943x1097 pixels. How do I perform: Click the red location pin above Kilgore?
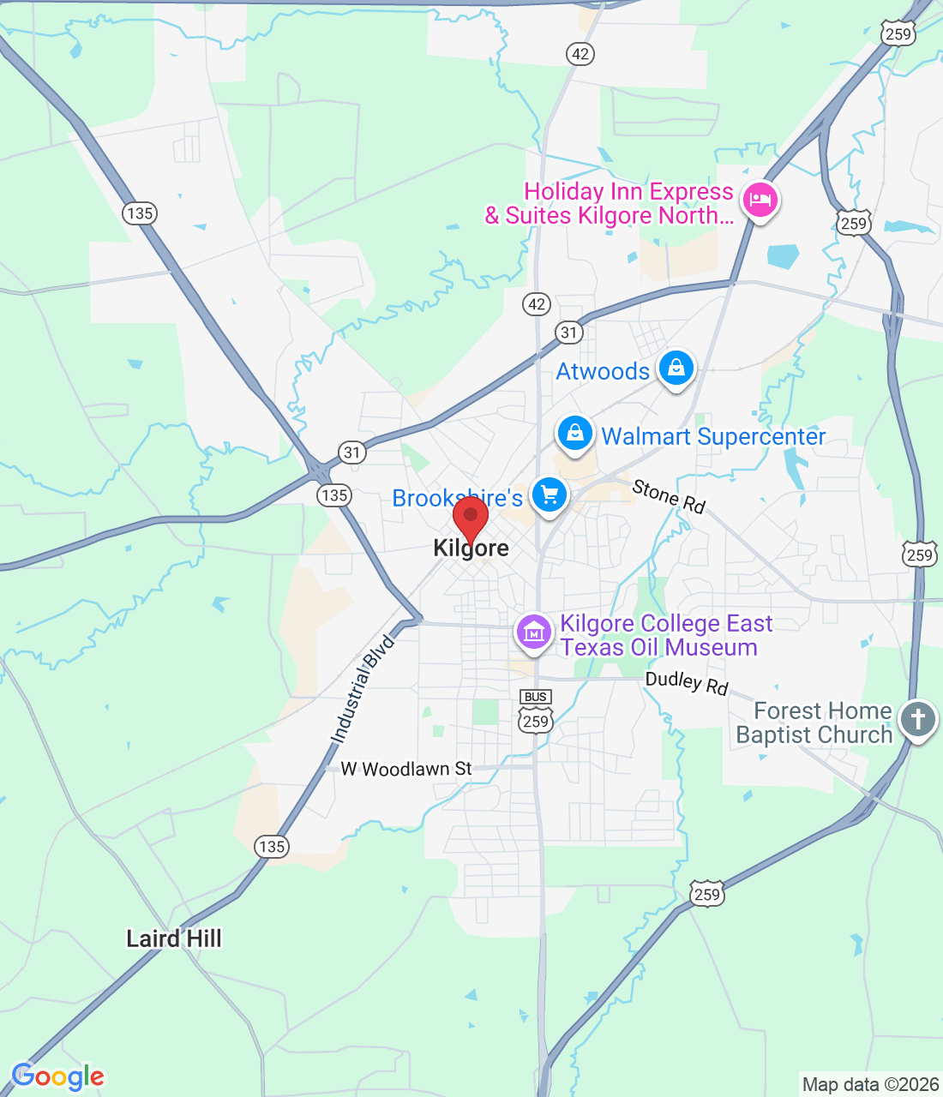pos(471,518)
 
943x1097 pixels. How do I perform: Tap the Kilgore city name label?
pos(471,548)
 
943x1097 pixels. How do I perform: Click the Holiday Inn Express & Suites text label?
pos(610,204)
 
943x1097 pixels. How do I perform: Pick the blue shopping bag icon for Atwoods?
pos(676,369)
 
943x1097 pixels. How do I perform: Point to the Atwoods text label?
pos(603,371)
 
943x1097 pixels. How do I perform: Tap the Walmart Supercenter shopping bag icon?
pos(574,434)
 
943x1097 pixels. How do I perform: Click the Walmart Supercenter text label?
pos(713,436)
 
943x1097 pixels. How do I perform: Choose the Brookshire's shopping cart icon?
pos(549,495)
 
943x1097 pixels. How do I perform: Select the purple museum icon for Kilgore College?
pos(533,634)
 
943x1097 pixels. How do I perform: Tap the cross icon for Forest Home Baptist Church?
pos(917,719)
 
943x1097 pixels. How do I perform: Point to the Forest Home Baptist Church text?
pos(814,723)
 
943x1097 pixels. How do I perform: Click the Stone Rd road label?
pos(669,496)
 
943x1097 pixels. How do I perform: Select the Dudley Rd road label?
pos(687,683)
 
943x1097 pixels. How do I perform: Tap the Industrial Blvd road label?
pos(363,688)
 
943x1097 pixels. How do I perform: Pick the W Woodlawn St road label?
pos(406,769)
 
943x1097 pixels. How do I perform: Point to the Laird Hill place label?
pos(174,939)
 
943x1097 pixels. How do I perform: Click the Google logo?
pos(57,1076)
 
